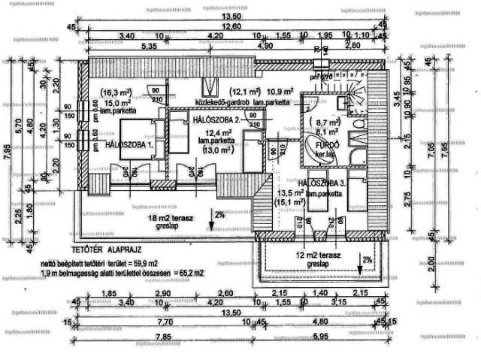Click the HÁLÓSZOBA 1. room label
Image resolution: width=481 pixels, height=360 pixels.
pos(129,143)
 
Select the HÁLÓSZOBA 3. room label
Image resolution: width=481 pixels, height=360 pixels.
pos(322,183)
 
